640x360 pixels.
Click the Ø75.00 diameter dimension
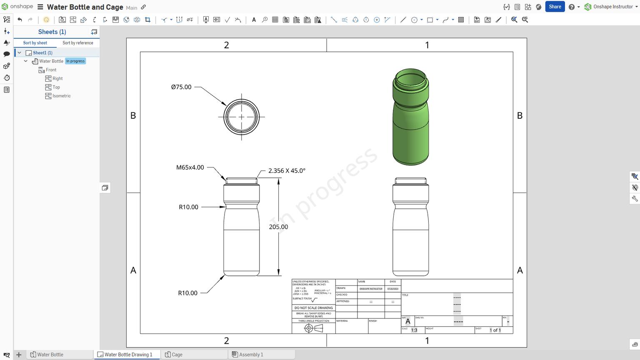[x=181, y=87]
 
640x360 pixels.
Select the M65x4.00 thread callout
[x=190, y=167]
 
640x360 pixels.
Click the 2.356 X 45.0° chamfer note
[x=287, y=171]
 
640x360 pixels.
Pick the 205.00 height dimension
[x=278, y=227]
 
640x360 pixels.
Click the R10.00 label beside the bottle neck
[x=188, y=207]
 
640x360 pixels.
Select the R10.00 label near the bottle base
[x=187, y=293]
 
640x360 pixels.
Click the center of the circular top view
[x=242, y=117]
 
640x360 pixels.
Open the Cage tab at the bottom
[x=177, y=355]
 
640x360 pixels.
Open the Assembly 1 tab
[x=251, y=355]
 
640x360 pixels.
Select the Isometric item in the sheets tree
[x=61, y=96]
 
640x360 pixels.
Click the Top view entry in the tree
[x=56, y=87]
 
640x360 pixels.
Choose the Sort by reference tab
[x=78, y=43]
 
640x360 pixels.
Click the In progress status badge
[x=75, y=61]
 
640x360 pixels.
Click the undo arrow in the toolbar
[x=20, y=20]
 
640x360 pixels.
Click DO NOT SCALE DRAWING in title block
[x=313, y=308]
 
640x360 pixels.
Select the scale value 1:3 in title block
[x=414, y=330]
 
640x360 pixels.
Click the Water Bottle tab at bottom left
[x=50, y=355]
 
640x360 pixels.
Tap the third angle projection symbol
[x=313, y=328]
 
